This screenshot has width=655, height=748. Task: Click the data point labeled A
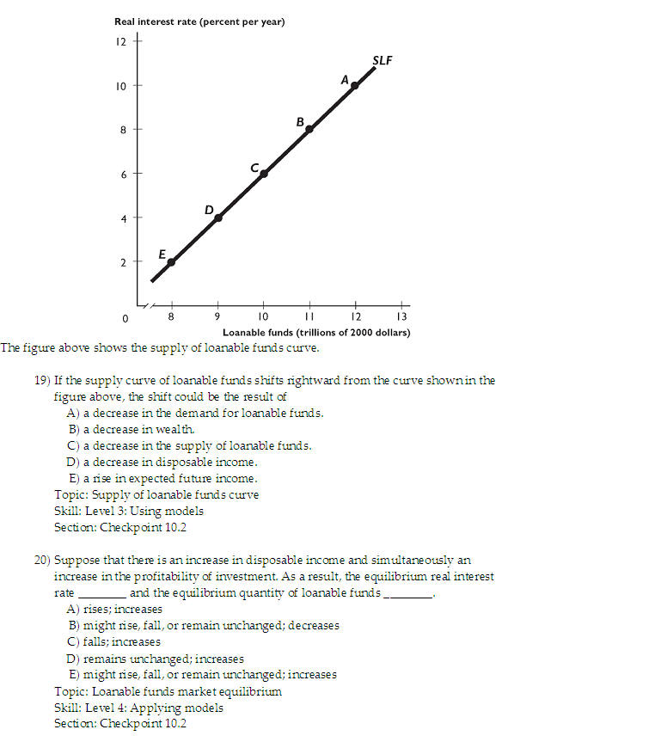point(355,85)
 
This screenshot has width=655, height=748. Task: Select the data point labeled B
point(309,129)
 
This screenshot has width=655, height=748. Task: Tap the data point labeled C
point(264,173)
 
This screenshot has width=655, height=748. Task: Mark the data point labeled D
point(217,218)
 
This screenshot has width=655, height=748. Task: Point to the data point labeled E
point(171,261)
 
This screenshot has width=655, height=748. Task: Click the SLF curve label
point(383,60)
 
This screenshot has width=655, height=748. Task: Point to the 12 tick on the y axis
point(120,41)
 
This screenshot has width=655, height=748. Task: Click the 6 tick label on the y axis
point(120,174)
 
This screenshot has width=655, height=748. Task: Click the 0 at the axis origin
point(125,319)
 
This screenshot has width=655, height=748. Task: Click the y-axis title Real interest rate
point(199,21)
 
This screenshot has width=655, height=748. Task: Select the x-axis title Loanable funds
point(316,332)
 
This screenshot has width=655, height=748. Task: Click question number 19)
point(43,380)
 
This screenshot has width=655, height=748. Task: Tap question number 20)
point(43,560)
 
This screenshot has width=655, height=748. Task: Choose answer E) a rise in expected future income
point(162,478)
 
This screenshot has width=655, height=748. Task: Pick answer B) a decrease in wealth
point(132,429)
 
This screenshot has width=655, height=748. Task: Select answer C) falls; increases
point(113,641)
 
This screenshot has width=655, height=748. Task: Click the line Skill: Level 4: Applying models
point(138,708)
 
